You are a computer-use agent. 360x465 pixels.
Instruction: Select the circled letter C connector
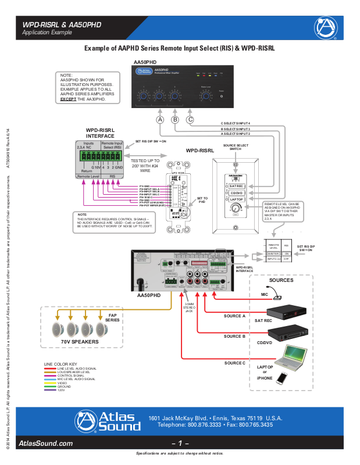pos(190,119)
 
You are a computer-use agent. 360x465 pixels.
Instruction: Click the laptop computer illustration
pos(294,358)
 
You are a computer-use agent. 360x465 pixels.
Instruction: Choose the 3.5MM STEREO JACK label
pos(188,307)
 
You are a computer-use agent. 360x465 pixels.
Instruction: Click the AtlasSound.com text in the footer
pos(46,443)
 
